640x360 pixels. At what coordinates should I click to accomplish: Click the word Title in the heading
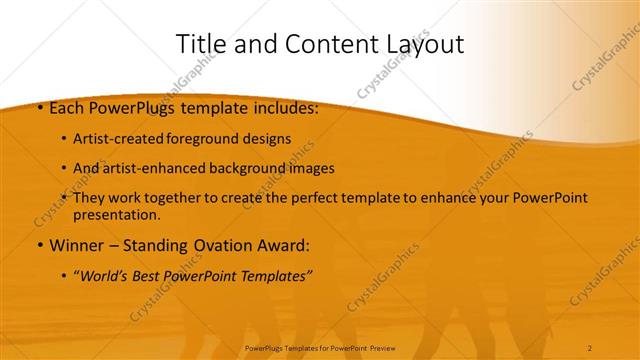200,44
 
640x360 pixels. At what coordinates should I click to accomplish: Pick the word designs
267,139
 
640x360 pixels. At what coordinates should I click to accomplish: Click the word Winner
73,245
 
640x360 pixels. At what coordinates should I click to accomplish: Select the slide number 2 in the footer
590,348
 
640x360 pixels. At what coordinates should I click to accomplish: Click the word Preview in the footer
379,348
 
